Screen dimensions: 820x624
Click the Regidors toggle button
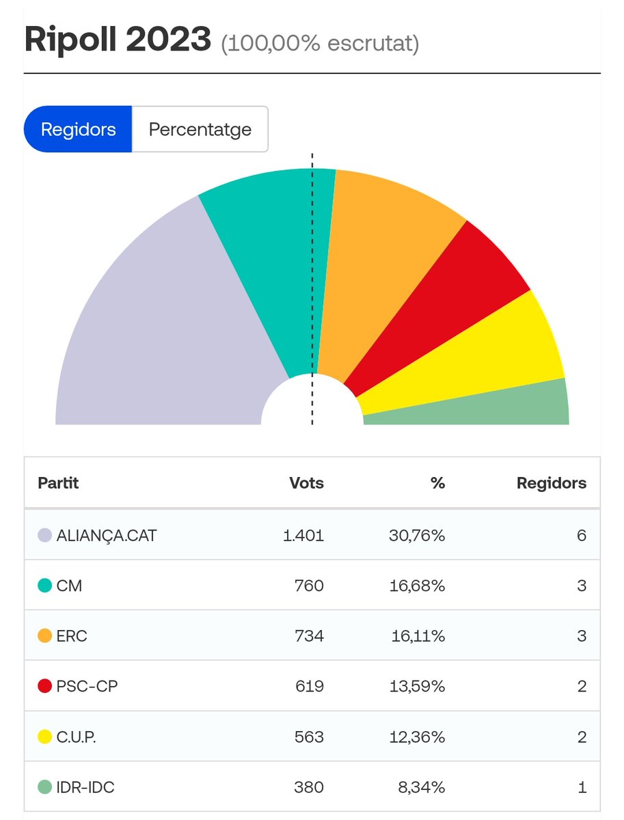pyautogui.click(x=78, y=129)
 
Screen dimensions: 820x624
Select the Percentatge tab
pyautogui.click(x=200, y=129)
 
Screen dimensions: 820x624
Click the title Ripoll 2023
pyautogui.click(x=118, y=40)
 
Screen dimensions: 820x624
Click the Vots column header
pyautogui.click(x=306, y=483)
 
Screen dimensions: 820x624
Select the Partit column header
pyautogui.click(x=58, y=483)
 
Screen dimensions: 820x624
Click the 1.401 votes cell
pyautogui.click(x=303, y=535)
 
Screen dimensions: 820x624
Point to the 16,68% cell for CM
pyautogui.click(x=418, y=586)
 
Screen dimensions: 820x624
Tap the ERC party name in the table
pyautogui.click(x=72, y=636)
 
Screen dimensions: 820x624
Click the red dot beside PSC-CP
pyautogui.click(x=45, y=687)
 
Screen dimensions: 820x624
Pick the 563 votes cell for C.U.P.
pyautogui.click(x=309, y=737)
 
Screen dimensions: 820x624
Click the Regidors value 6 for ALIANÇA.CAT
pyautogui.click(x=581, y=535)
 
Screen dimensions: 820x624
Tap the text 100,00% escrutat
pyautogui.click(x=319, y=44)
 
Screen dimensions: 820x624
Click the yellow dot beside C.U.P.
pyautogui.click(x=45, y=737)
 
